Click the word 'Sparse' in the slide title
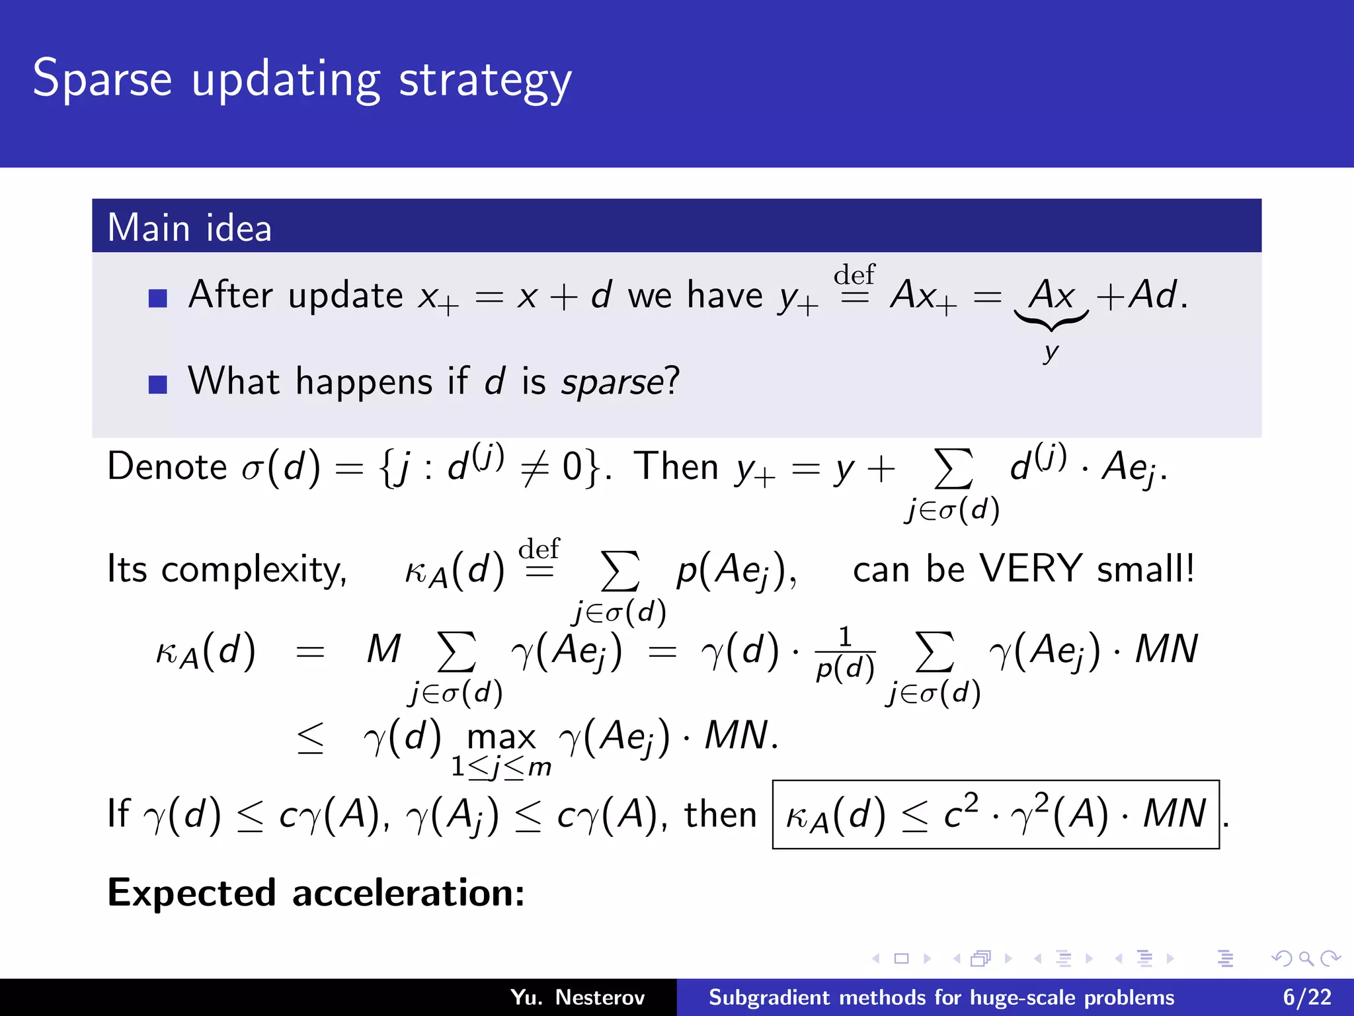coord(102,79)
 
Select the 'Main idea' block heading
coord(190,228)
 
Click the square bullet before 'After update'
coord(158,298)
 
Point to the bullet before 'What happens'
coord(158,384)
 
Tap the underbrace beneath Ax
coord(1051,321)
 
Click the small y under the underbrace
coord(1051,352)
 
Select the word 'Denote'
coord(167,466)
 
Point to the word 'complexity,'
coord(254,570)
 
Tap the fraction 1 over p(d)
coord(846,654)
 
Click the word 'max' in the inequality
coord(501,737)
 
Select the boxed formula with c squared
coord(996,814)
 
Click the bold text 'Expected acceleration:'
coord(316,893)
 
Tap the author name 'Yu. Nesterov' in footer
coord(577,997)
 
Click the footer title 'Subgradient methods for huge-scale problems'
coord(941,997)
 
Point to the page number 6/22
coord(1307,997)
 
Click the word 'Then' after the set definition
coord(676,466)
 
